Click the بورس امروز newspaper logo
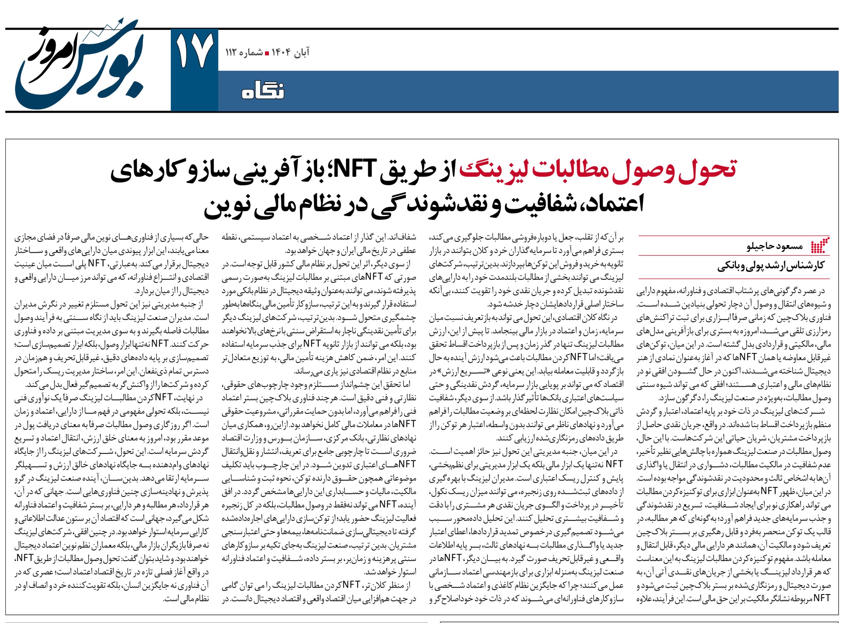[79, 60]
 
